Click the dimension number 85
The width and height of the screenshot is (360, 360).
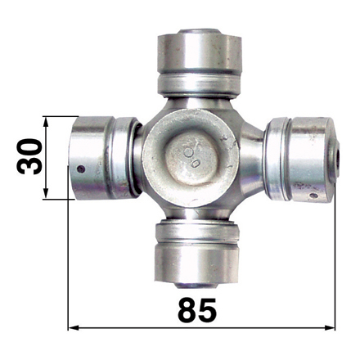197,309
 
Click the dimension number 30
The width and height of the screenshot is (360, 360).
29,156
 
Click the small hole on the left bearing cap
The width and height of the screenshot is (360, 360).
81,169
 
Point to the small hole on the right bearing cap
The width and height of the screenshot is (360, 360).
314,196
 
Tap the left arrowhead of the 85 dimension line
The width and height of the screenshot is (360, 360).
73,327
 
